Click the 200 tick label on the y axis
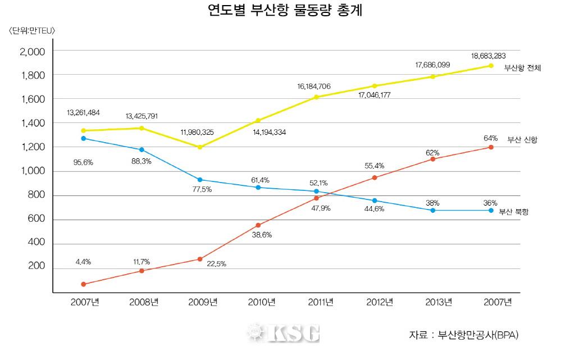[x=37, y=268]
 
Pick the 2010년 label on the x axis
[x=261, y=303]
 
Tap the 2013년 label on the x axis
[x=438, y=303]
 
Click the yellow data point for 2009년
[x=201, y=147]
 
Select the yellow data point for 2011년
[x=316, y=97]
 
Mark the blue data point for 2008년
[x=142, y=149]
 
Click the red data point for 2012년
[x=375, y=177]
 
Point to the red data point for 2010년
[x=258, y=225]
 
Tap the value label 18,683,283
[x=489, y=56]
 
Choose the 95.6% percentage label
[x=83, y=162]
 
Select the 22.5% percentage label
[x=216, y=264]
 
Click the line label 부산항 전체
[x=522, y=69]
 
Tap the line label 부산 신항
[x=522, y=139]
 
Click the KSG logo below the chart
[x=284, y=334]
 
